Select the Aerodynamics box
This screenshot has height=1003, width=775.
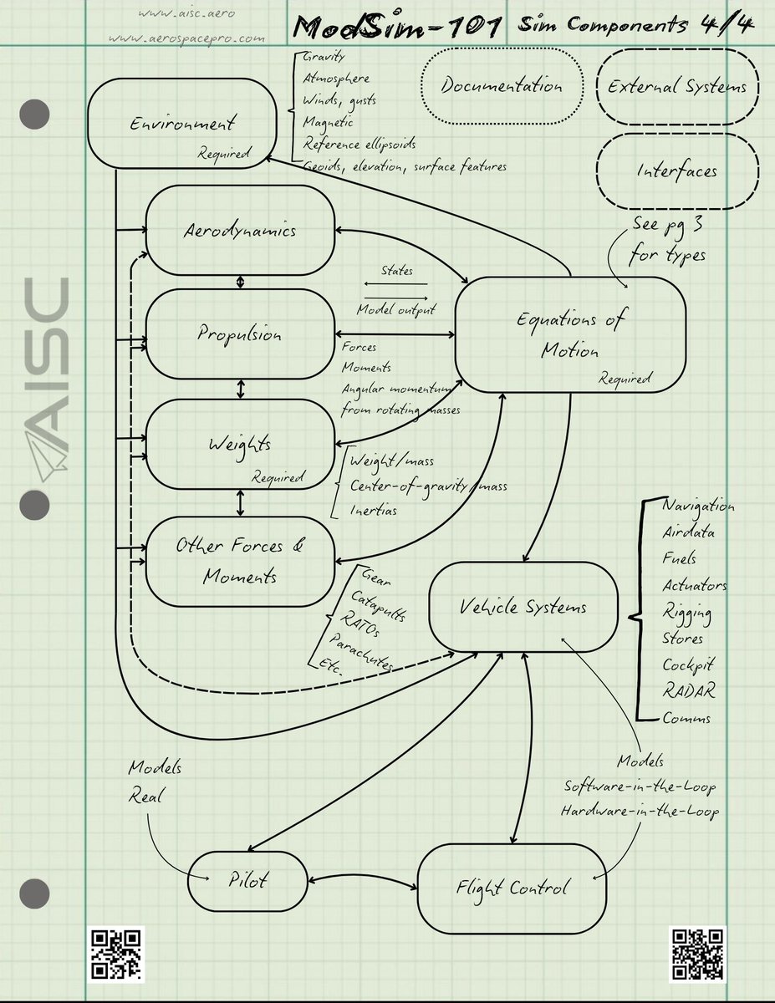[240, 230]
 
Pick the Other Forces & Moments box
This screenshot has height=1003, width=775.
[240, 560]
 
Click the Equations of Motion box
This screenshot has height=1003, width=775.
[570, 333]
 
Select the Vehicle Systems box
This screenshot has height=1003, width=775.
[523, 608]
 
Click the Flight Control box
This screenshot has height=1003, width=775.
[512, 887]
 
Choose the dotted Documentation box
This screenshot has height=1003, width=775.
[502, 85]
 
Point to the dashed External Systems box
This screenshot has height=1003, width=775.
[677, 86]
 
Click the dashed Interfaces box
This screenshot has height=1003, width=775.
[677, 171]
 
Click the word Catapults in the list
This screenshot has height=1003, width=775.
[381, 603]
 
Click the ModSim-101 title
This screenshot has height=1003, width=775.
[397, 28]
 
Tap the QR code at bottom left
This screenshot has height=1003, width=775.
[117, 953]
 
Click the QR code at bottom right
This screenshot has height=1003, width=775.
[697, 953]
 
